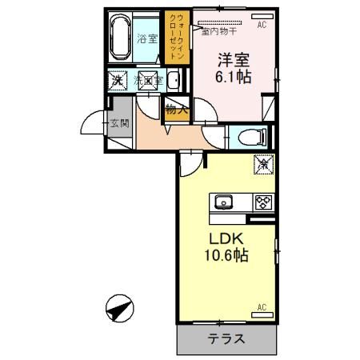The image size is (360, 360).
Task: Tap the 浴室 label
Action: tap(146, 38)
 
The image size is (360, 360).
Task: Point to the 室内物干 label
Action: tap(214, 33)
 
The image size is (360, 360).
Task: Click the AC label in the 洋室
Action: tap(262, 26)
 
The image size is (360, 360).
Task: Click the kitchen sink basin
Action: tap(223, 202)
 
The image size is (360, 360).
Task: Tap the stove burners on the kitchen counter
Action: tap(262, 202)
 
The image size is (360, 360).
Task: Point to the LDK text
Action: tap(226, 239)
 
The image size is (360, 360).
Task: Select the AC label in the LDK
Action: tap(262, 306)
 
